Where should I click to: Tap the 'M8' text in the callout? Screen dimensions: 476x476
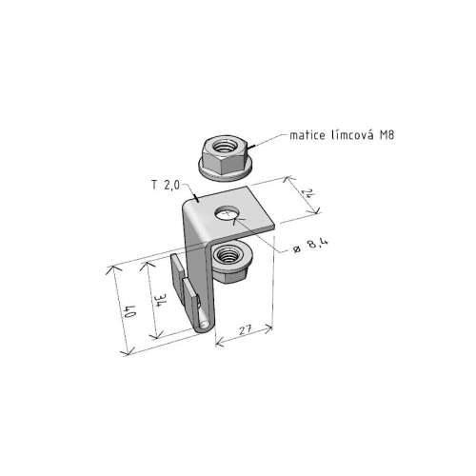click(x=387, y=135)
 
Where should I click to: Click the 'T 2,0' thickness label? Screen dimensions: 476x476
click(x=166, y=185)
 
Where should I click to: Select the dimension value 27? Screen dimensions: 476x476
click(x=246, y=330)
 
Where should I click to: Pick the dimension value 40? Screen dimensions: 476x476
click(x=130, y=311)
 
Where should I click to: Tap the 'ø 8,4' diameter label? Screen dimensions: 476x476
click(x=311, y=246)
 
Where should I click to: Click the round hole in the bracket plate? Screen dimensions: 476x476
click(x=227, y=212)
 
